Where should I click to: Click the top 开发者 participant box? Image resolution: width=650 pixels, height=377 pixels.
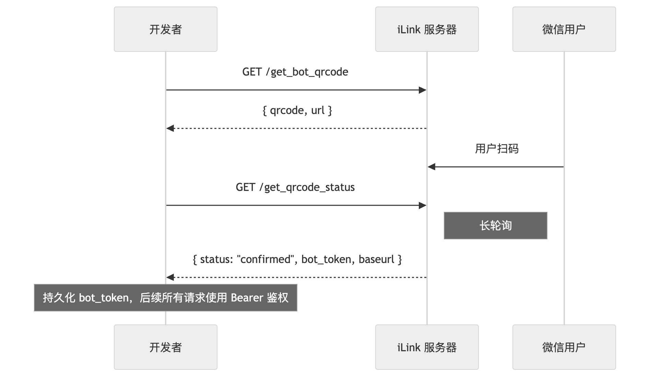point(165,29)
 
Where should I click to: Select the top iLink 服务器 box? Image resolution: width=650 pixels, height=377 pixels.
point(427,29)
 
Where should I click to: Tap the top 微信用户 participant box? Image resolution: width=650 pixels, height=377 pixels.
point(564,29)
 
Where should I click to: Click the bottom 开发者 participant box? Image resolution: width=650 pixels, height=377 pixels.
point(165,347)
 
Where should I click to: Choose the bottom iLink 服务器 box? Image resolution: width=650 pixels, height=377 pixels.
point(427,347)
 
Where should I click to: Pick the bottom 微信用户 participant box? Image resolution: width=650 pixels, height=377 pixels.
point(564,347)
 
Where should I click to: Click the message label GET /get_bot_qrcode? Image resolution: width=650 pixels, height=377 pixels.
point(295,72)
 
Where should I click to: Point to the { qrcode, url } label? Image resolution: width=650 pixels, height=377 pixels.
point(297,110)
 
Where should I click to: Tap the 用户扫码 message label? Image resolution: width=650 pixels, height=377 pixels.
point(496,149)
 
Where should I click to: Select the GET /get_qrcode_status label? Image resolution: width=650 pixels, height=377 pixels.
point(295,187)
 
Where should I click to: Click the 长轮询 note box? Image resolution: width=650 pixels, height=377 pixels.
point(495,226)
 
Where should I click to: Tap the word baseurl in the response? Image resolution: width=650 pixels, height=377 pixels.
point(376,259)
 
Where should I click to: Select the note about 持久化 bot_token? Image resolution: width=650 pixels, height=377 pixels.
point(165,298)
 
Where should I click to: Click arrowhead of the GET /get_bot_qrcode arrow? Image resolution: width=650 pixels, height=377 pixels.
point(423,90)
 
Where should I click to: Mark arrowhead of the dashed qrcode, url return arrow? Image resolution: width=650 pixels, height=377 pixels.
point(170,128)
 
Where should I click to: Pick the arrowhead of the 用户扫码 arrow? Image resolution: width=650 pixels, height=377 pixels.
point(432,167)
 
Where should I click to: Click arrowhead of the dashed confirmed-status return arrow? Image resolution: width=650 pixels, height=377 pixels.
point(170,277)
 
